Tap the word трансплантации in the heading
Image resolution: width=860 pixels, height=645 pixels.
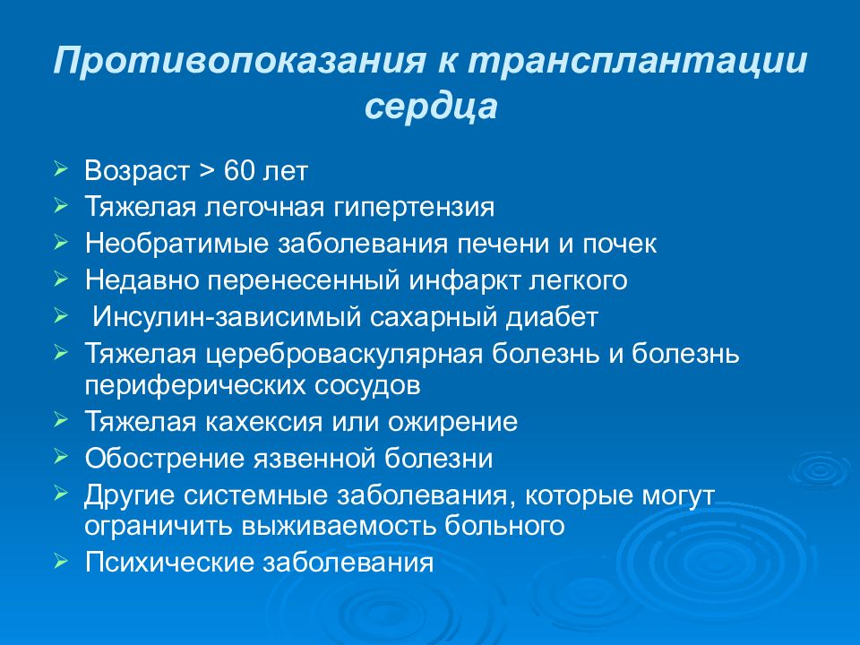pyautogui.click(x=637, y=65)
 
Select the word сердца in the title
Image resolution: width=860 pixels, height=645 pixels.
pyautogui.click(x=430, y=108)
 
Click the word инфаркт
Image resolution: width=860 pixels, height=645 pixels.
pyautogui.click(x=458, y=280)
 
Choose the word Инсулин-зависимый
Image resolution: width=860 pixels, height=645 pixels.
pyautogui.click(x=213, y=317)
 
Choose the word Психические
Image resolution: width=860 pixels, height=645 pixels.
pyautogui.click(x=168, y=563)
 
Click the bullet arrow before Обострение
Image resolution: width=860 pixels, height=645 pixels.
pyautogui.click(x=59, y=457)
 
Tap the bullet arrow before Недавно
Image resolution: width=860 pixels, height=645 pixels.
pyautogui.click(x=59, y=279)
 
